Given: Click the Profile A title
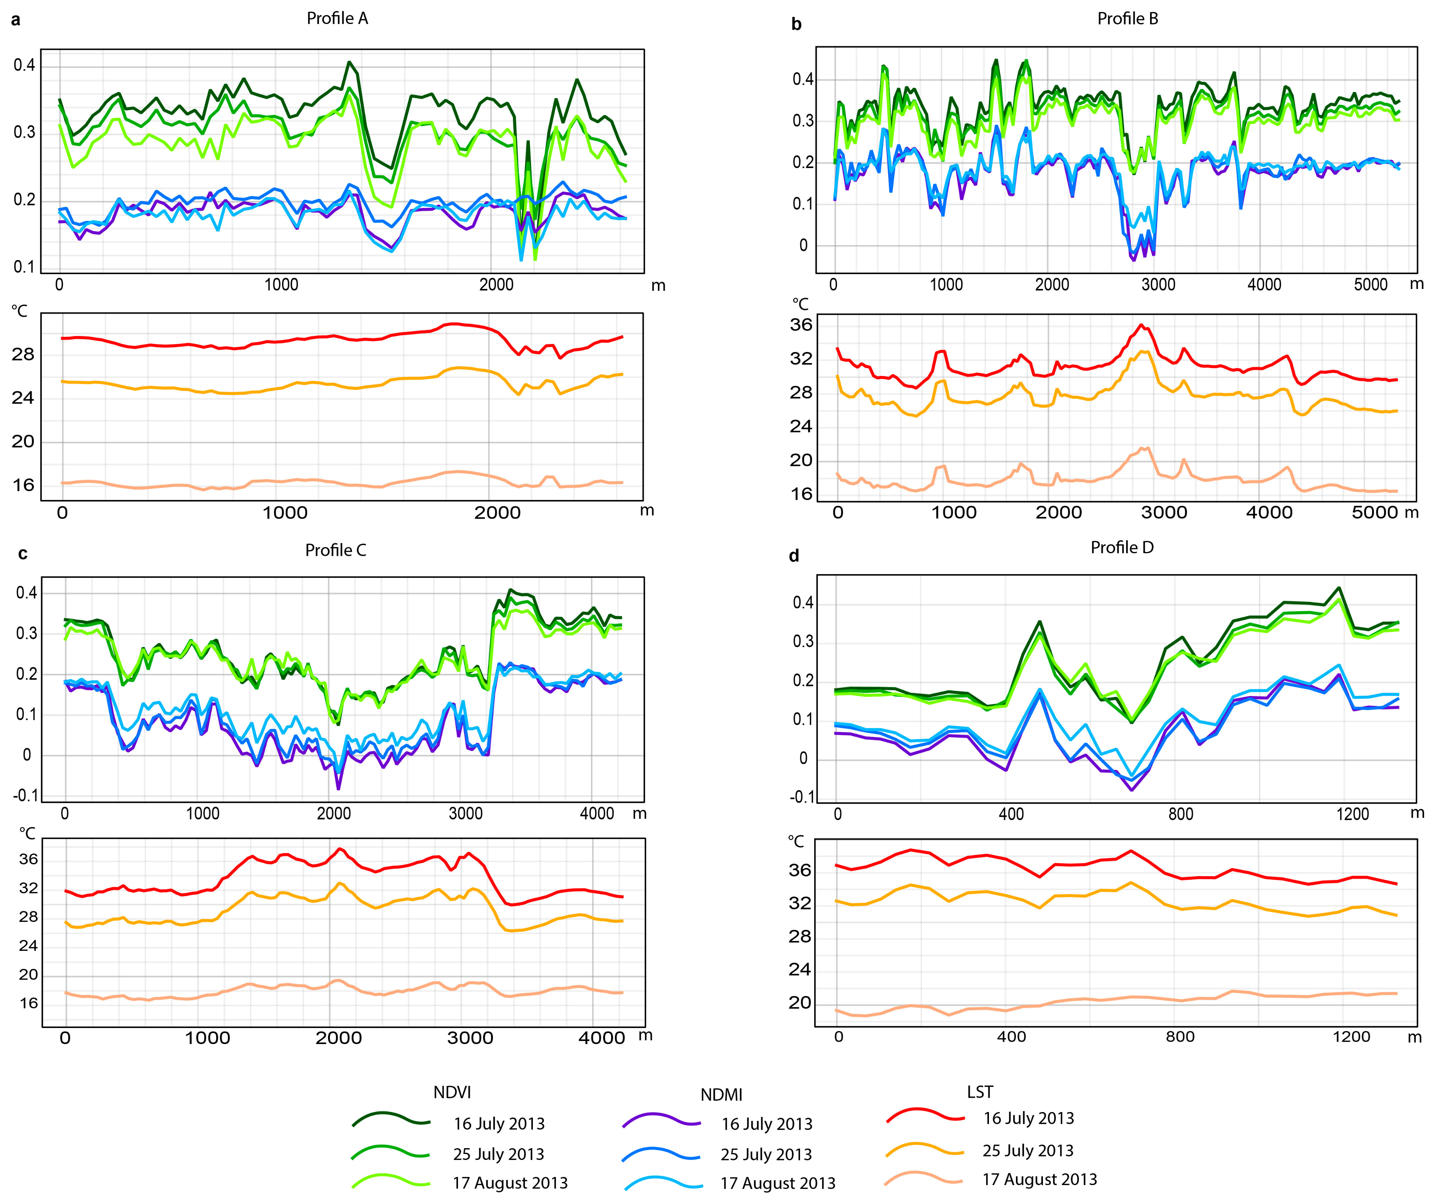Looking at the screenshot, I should click(x=338, y=19).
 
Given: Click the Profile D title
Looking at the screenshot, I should click(x=1122, y=548).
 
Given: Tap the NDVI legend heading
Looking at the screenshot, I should click(x=452, y=1092).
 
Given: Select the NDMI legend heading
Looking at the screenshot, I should click(x=721, y=1095).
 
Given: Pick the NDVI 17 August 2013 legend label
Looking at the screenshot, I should click(x=510, y=1183).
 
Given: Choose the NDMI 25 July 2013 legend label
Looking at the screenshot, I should click(x=766, y=1154).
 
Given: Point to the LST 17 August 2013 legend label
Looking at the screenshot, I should click(x=1039, y=1179).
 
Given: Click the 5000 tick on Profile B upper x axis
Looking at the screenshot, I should click(x=1371, y=285).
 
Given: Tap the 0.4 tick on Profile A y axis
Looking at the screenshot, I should click(x=25, y=65).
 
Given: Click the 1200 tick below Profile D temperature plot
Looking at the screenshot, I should click(x=1352, y=1037).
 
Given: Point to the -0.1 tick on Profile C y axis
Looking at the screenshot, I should click(x=25, y=796).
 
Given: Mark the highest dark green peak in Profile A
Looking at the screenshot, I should click(x=350, y=62).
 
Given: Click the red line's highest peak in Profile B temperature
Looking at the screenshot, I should click(x=1140, y=325).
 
